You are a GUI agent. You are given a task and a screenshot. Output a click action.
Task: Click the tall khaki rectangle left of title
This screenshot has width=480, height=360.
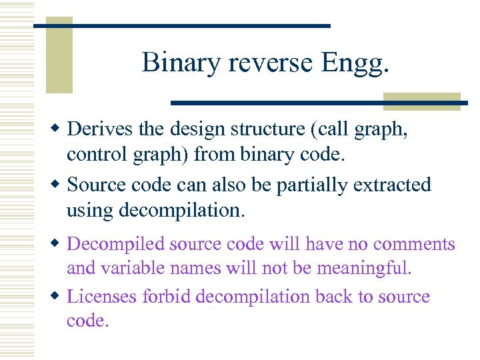tap(59, 57)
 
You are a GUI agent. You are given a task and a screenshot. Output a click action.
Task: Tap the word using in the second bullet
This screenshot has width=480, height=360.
tap(90, 211)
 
